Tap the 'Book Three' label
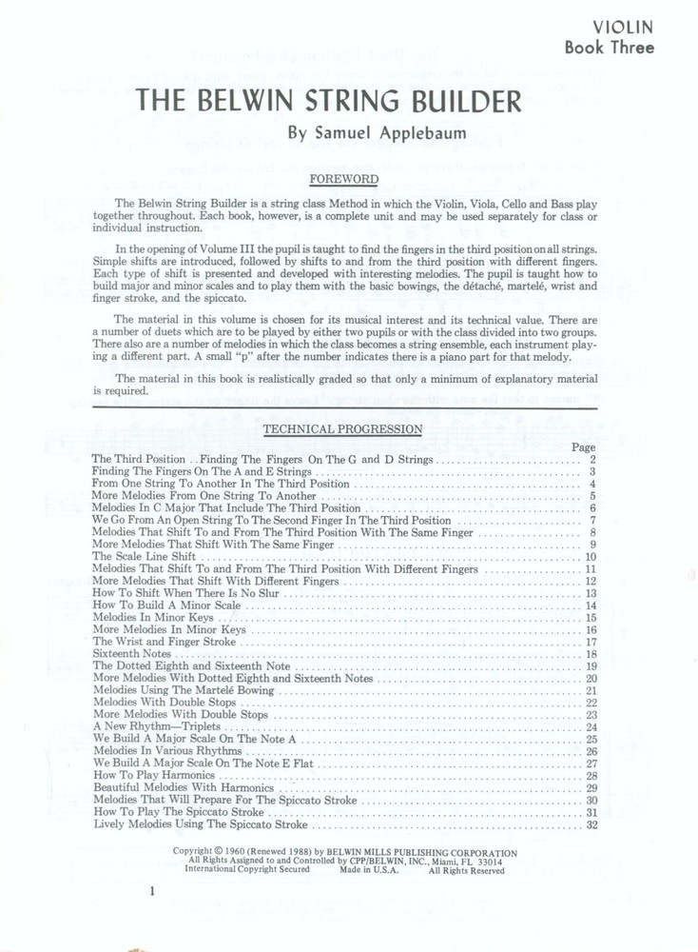click(x=609, y=49)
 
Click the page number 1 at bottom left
click(x=151, y=892)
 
